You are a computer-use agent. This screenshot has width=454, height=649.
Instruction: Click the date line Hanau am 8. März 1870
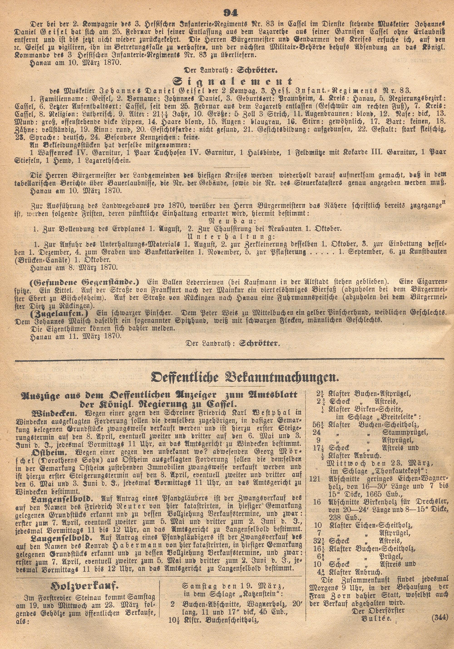click(75, 266)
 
